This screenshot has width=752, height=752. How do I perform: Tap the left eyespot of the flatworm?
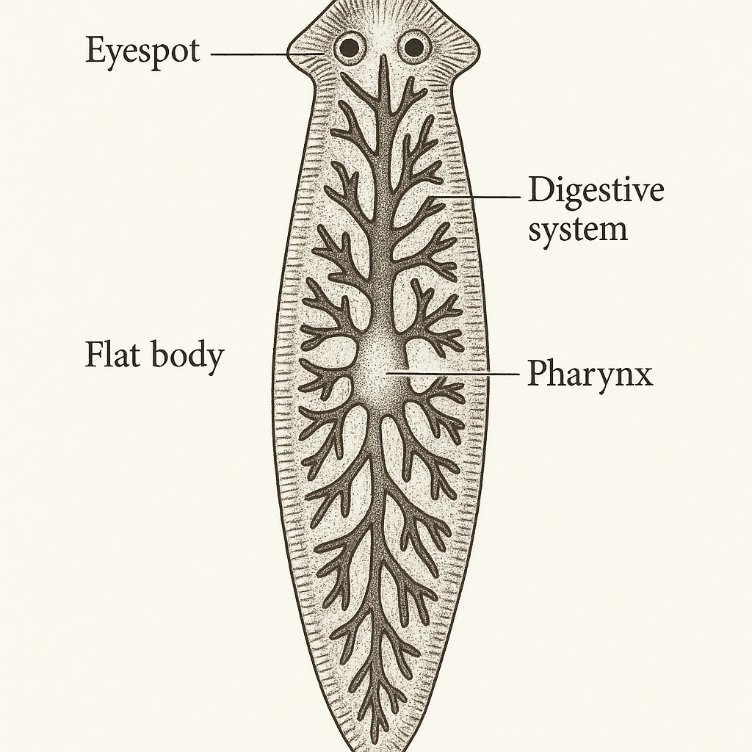coord(350,48)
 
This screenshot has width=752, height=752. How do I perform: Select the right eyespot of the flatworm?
coord(414,48)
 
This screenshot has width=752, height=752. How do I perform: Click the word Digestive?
coord(596,192)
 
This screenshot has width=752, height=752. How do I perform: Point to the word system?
coord(579,230)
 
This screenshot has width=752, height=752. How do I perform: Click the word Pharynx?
coord(590,375)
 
